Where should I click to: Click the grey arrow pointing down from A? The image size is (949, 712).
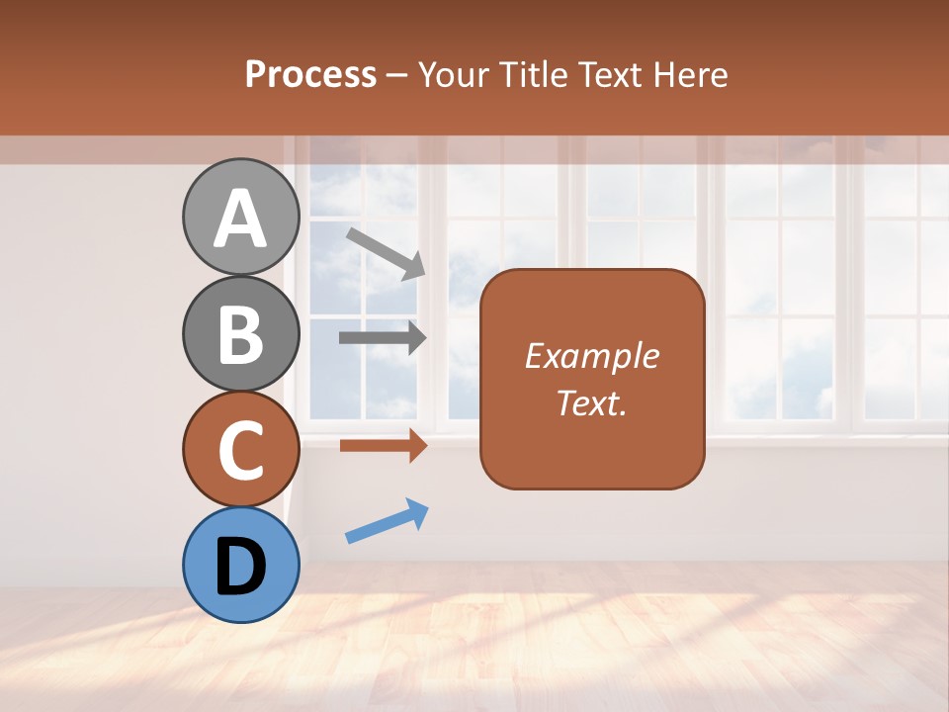coord(386,253)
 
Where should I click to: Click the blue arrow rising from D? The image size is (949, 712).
coord(387,522)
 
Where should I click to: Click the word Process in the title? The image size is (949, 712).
coord(310,75)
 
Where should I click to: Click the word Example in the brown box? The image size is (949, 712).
coord(591,356)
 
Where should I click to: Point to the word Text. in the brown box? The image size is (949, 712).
coord(591,402)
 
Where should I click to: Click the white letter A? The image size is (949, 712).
coord(241,220)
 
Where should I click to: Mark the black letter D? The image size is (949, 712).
coord(241,568)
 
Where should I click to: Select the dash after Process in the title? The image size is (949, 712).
coord(397,75)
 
